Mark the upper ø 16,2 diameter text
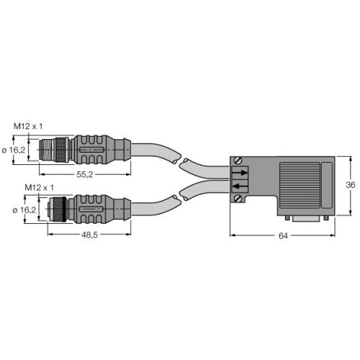click(14, 149)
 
